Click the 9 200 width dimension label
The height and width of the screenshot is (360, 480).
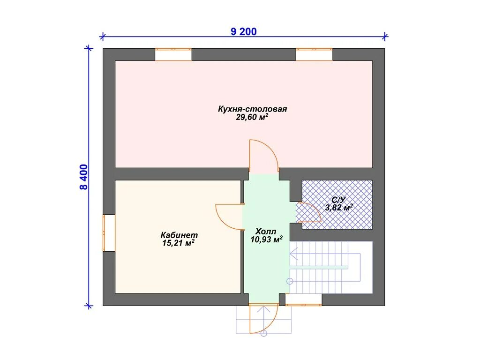point(244,31)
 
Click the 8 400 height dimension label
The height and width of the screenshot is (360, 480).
point(83,177)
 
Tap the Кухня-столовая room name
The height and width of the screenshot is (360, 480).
point(252,109)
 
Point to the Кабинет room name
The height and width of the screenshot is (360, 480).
point(179,235)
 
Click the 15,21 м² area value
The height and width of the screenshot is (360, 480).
point(179,243)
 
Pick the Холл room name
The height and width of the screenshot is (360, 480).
point(266,232)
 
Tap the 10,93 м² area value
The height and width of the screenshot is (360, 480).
point(266,240)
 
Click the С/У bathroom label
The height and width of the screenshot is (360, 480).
point(338,200)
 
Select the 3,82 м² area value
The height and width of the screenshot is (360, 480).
point(338,208)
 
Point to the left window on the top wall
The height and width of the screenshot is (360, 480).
point(173,54)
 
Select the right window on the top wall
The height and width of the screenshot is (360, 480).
point(314,54)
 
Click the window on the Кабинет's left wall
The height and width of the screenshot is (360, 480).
point(109,233)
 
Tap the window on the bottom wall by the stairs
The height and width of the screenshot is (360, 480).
point(303,300)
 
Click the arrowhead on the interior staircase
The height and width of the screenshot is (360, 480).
point(293,254)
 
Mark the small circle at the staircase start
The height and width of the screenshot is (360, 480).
point(290,281)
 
